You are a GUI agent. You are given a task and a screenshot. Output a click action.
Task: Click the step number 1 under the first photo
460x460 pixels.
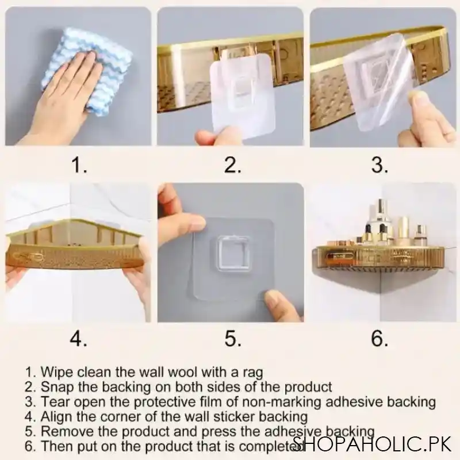(x=79, y=166)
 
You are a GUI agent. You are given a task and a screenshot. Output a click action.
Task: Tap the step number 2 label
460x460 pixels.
(x=232, y=166)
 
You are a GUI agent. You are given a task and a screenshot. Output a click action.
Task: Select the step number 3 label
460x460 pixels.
(x=379, y=166)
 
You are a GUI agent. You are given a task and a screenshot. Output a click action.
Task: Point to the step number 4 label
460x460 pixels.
(x=79, y=339)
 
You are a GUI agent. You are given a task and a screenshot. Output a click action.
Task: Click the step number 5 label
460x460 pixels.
(x=232, y=339)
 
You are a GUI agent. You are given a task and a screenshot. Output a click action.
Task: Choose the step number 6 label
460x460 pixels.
(x=379, y=339)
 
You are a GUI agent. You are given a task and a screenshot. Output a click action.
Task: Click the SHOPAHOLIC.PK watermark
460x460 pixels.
(x=374, y=444)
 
